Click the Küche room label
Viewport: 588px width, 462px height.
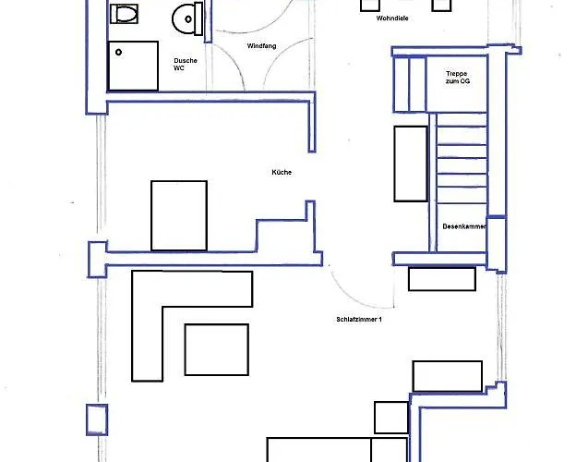coord(282,172)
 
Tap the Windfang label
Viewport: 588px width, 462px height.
coord(262,46)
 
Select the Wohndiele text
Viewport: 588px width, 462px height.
coord(392,18)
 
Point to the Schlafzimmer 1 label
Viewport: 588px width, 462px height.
coord(359,320)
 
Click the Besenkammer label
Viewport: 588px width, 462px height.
coord(464,226)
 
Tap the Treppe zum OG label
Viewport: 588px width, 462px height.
coord(458,78)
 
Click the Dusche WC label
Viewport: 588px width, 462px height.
coord(186,64)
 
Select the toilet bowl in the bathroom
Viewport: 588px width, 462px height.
coord(184,18)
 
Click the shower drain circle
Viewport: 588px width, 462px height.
coord(118,52)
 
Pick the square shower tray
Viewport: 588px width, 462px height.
coord(133,66)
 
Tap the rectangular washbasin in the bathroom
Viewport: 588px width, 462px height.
coord(124,14)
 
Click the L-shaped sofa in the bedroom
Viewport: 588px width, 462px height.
coord(147,338)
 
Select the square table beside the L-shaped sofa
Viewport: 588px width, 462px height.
coord(217,349)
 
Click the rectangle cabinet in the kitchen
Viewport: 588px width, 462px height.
coord(179,216)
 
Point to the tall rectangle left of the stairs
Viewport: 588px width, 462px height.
coord(411,164)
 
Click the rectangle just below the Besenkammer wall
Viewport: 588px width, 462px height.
coord(442,279)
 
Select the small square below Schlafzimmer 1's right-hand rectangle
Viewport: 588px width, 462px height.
coord(391,418)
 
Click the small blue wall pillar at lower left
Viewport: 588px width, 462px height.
coord(97,419)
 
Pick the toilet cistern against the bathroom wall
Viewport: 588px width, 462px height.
coord(198,18)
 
